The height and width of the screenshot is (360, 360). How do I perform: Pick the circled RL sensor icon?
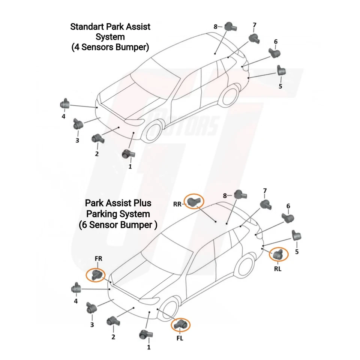279,255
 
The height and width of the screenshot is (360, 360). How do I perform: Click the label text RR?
178,204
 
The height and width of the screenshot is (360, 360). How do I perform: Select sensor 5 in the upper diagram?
281,70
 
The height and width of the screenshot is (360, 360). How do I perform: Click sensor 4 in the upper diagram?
65,103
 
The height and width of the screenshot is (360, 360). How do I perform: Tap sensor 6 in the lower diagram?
288,218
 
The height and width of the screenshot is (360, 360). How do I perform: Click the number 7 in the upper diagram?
254,25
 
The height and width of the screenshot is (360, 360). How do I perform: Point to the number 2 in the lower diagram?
113,337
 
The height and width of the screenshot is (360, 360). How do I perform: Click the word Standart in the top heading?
87,27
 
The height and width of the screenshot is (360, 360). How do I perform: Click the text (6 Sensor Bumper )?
118,225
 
